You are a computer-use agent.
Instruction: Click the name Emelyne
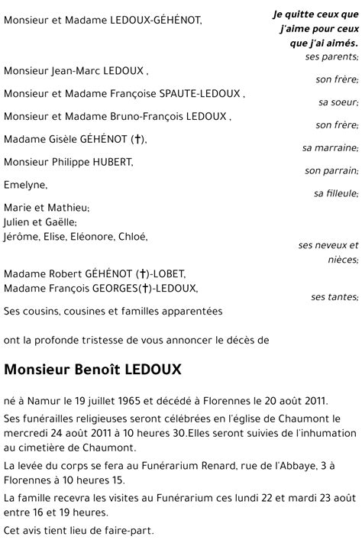pyautogui.click(x=24, y=185)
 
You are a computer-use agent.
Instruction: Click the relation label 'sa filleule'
pyautogui.click(x=336, y=194)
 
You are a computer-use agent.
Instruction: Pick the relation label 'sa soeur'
pyautogui.click(x=338, y=102)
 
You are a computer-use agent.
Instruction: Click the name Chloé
pyautogui.click(x=132, y=237)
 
